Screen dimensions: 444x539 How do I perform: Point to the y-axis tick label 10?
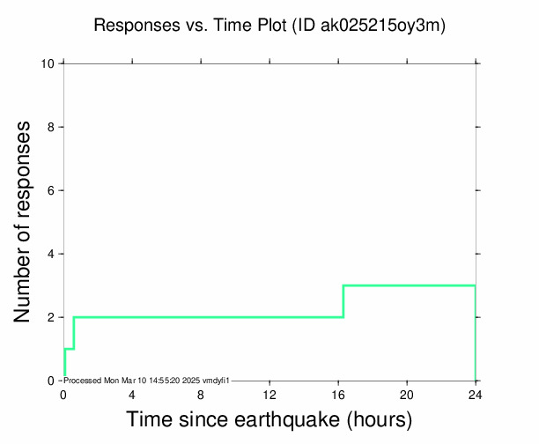coord(49,63)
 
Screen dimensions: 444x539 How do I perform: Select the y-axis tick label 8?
coord(52,127)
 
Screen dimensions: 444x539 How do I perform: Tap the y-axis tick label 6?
coord(52,190)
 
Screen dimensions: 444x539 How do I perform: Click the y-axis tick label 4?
coord(52,254)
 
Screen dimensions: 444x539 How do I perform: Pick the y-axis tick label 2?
coord(52,317)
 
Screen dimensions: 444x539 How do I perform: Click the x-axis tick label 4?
coord(132,395)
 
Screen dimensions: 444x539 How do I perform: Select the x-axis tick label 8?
coord(201,395)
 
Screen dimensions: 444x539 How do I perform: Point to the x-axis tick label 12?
coord(269,395)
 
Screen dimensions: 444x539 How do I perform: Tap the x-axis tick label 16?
coord(338,395)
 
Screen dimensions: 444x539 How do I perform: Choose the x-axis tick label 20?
coord(407,395)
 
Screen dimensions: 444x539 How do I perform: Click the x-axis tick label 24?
coord(476,395)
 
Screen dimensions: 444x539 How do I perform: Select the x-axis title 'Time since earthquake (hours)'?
coord(269,420)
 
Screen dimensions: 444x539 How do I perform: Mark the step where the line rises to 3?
coord(343,301)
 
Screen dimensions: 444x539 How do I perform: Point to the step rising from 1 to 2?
coord(74,333)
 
